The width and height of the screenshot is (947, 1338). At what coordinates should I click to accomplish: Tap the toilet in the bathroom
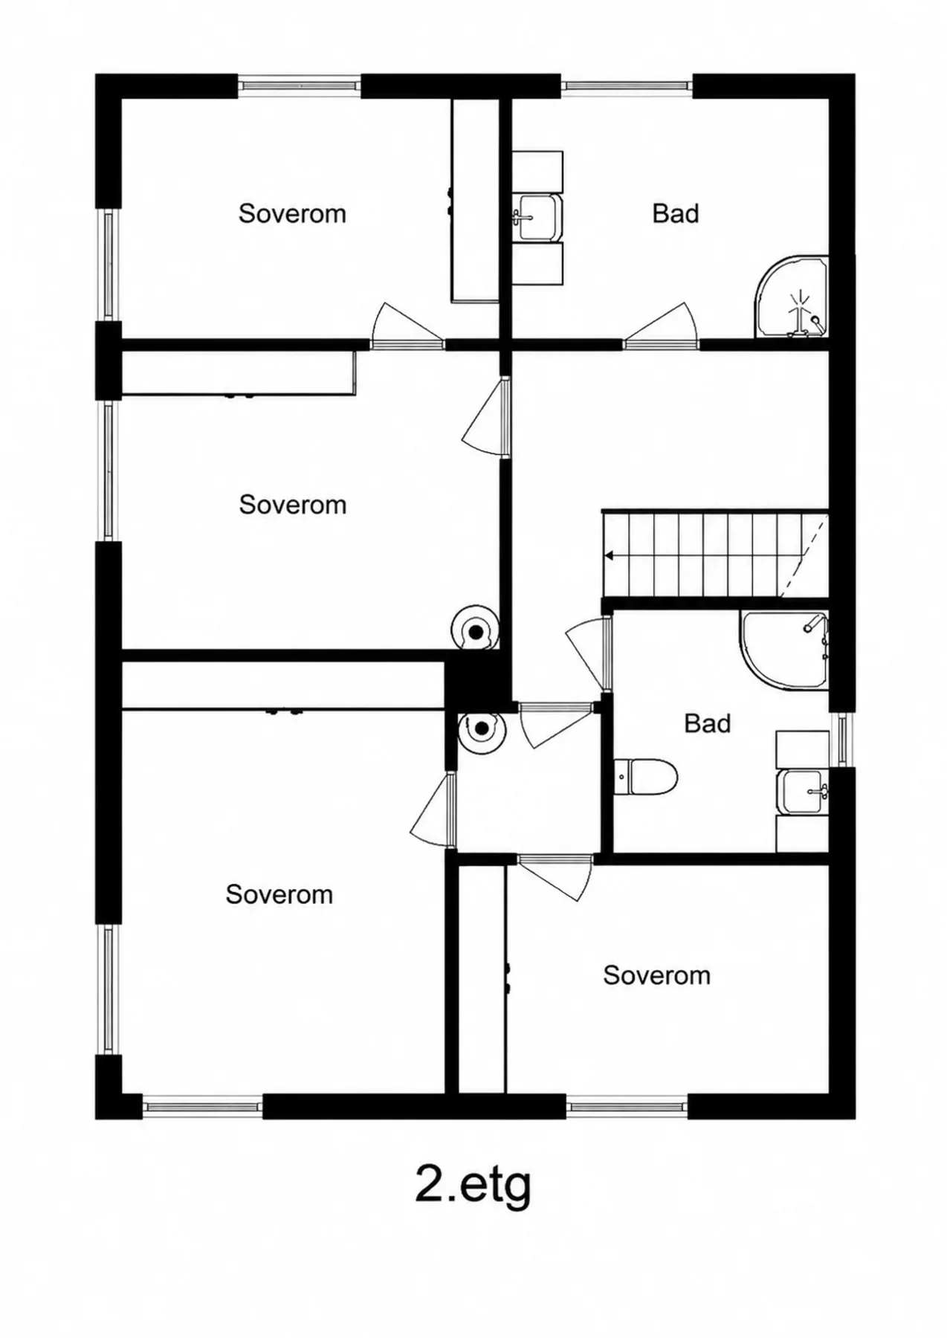646,777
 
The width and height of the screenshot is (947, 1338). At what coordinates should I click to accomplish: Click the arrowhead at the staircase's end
610,555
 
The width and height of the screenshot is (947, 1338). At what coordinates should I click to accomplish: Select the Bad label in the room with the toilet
707,723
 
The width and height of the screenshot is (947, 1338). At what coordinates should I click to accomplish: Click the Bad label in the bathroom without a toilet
676,213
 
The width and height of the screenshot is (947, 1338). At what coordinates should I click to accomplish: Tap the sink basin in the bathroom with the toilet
803,792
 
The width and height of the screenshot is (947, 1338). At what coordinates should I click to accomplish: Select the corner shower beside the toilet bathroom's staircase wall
784,650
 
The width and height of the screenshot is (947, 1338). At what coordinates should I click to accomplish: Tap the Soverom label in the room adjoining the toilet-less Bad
292,213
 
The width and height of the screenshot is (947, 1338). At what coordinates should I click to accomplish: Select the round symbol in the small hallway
482,728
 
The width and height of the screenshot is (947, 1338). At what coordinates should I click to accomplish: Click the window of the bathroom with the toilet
842,740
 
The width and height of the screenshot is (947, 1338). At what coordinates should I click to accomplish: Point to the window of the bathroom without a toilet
627,86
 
